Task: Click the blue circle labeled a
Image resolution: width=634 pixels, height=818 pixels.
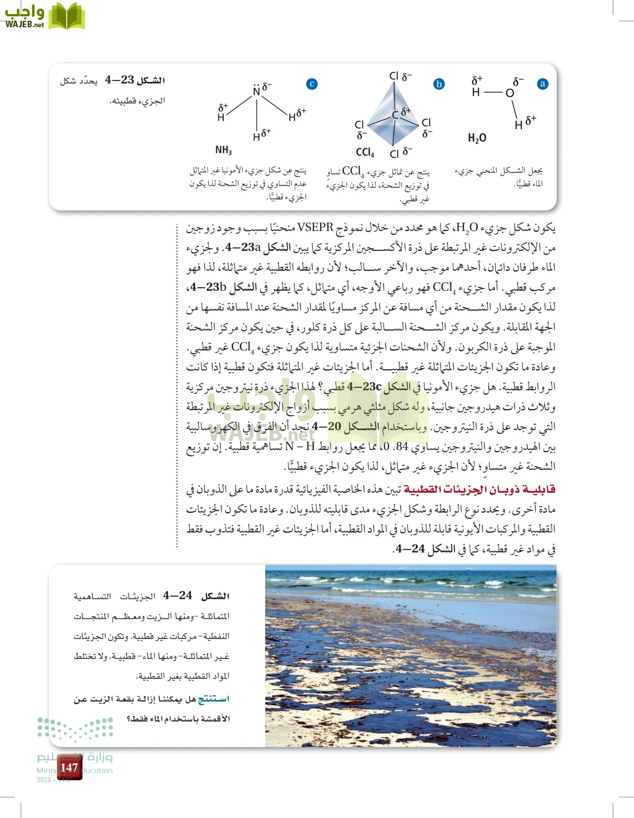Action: coord(542,84)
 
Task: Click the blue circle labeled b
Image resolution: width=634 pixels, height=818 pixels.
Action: coord(439,84)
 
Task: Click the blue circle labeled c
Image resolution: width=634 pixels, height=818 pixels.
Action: coord(312,84)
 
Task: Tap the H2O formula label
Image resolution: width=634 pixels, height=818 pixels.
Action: coord(477,138)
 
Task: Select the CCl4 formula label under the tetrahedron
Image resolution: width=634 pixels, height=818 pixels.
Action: coord(365,153)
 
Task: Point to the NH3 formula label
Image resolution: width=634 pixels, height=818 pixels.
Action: coord(223,150)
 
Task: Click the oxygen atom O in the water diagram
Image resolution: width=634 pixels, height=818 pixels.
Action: coord(510,93)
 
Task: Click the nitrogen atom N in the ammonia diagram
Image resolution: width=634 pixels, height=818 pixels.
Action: coord(257,91)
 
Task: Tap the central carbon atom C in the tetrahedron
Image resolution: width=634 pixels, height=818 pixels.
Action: coord(395,115)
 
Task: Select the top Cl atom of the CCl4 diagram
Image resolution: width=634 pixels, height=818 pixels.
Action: coord(394,76)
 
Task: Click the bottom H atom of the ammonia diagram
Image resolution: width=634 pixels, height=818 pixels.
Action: coord(257,136)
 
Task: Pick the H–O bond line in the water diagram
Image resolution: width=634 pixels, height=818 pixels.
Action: coord(493,93)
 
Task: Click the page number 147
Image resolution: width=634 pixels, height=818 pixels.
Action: coord(69,768)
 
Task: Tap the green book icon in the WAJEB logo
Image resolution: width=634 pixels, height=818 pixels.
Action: coord(67,17)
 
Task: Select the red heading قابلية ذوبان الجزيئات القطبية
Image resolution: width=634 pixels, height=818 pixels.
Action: coord(480,489)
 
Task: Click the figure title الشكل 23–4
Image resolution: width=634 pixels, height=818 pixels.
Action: coord(135,80)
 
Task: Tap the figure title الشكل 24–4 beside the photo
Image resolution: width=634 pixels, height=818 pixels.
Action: coord(197,596)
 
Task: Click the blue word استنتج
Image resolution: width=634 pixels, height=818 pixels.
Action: coord(213,699)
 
